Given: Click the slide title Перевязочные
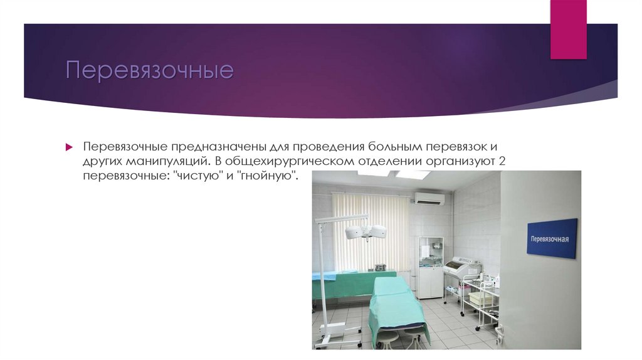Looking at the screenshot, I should pyautogui.click(x=150, y=70).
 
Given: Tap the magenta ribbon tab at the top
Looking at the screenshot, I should pyautogui.click(x=568, y=29).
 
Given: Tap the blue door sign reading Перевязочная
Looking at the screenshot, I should pyautogui.click(x=551, y=238).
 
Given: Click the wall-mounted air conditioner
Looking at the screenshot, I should pyautogui.click(x=429, y=198).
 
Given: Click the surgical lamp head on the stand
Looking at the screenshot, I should pyautogui.click(x=365, y=232).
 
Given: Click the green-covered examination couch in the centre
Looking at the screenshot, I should pyautogui.click(x=393, y=305).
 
